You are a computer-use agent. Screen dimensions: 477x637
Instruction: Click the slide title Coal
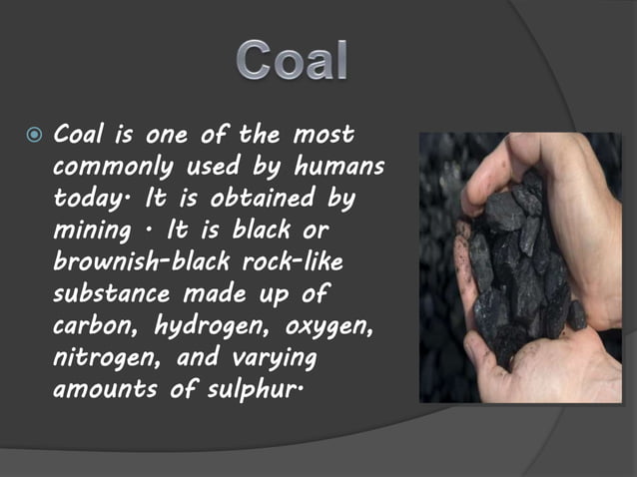point(293,61)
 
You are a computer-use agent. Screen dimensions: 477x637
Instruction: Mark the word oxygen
point(325,328)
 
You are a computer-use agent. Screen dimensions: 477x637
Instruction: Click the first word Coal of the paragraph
point(79,134)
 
